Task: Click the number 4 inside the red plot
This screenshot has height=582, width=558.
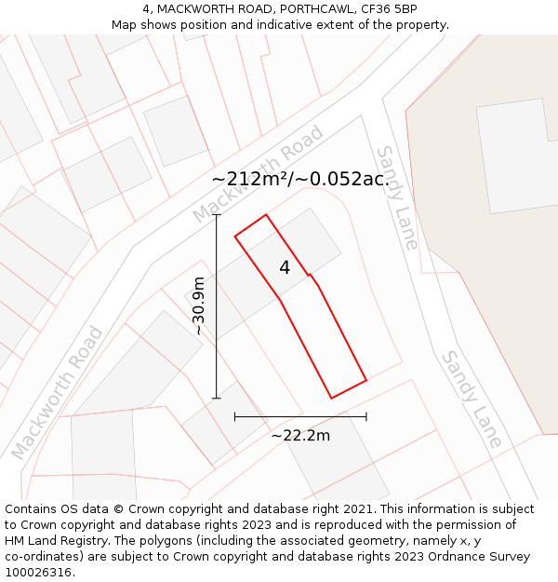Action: click(x=285, y=268)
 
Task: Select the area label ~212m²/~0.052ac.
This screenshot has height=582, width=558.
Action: click(x=300, y=179)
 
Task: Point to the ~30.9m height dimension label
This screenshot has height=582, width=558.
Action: click(x=198, y=306)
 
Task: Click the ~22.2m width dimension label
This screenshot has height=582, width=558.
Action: click(x=300, y=435)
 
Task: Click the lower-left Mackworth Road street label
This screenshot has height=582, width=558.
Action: click(x=57, y=393)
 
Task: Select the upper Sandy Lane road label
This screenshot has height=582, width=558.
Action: click(x=398, y=196)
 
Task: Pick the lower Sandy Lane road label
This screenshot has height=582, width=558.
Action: click(x=472, y=399)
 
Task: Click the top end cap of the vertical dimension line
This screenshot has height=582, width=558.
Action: click(x=217, y=215)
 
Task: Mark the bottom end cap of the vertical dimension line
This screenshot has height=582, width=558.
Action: click(x=217, y=398)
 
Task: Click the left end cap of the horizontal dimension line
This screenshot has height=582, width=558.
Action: click(x=235, y=416)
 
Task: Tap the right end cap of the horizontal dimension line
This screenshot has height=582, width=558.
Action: click(x=366, y=416)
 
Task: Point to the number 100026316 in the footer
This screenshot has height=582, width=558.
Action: click(x=39, y=573)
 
